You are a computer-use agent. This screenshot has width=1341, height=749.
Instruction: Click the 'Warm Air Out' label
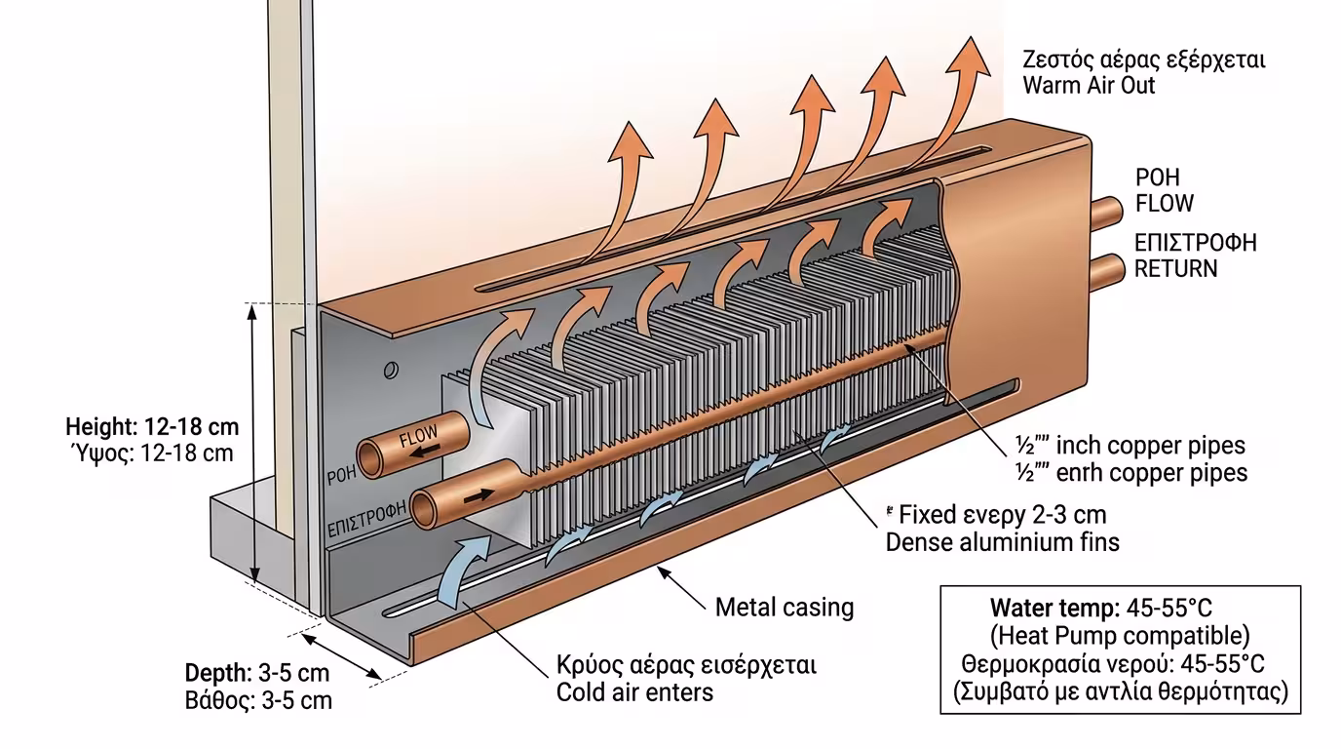click(1089, 85)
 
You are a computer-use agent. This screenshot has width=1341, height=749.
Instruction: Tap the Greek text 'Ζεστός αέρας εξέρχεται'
click(1143, 59)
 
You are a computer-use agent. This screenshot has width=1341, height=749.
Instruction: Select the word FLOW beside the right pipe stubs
click(1165, 204)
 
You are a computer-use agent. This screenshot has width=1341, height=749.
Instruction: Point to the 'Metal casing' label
click(785, 608)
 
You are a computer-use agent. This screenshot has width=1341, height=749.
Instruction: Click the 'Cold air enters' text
click(634, 692)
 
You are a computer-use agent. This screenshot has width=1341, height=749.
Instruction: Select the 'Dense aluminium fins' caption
click(1002, 541)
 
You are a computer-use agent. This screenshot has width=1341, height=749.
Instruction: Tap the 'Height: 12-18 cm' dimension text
click(152, 427)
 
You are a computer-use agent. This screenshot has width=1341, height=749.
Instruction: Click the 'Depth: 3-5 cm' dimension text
click(257, 674)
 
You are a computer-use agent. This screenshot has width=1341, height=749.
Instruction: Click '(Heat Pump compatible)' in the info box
click(1120, 637)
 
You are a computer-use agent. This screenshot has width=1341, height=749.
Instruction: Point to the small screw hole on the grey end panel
click(391, 370)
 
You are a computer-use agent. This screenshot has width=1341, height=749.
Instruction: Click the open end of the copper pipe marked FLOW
click(371, 456)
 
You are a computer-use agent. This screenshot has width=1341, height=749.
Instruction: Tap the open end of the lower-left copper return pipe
click(426, 509)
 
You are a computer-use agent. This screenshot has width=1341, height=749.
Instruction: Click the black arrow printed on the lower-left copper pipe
click(479, 495)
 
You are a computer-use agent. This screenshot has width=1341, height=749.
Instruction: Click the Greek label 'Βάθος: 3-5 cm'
click(258, 700)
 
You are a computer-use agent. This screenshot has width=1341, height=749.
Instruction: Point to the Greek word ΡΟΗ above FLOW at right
click(1157, 178)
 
